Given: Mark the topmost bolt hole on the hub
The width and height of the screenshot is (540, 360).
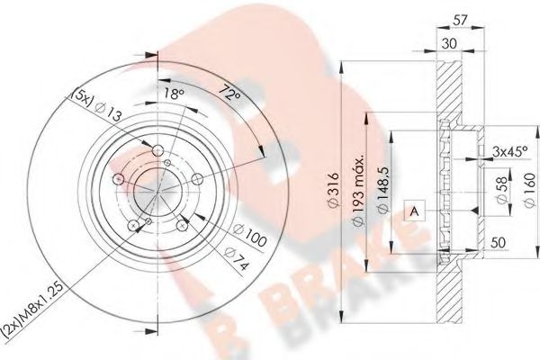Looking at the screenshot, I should click(159, 152).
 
